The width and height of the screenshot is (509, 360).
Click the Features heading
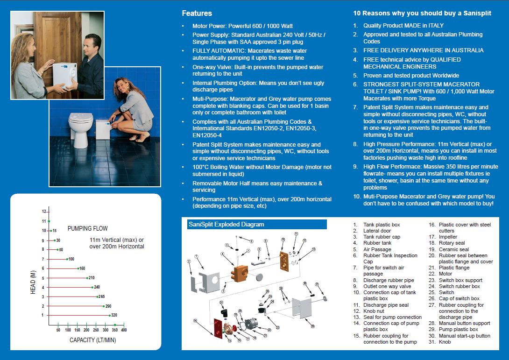click(197, 14)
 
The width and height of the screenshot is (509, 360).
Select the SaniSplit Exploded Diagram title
click(226, 225)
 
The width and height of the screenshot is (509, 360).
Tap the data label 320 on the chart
click(114, 315)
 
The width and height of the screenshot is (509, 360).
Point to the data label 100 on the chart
click(71, 259)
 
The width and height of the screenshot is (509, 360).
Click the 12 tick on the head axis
click(43, 212)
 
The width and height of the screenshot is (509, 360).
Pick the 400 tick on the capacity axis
click(124, 330)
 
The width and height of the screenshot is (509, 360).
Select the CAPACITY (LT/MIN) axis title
click(93, 340)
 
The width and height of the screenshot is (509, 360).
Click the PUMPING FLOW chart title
click(87, 228)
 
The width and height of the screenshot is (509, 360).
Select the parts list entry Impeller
click(448, 237)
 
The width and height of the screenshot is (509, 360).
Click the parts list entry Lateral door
click(377, 231)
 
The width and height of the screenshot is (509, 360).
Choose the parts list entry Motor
click(445, 274)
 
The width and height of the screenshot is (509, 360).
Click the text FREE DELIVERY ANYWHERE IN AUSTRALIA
click(423, 50)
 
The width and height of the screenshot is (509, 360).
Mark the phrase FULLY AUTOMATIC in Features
click(218, 51)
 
